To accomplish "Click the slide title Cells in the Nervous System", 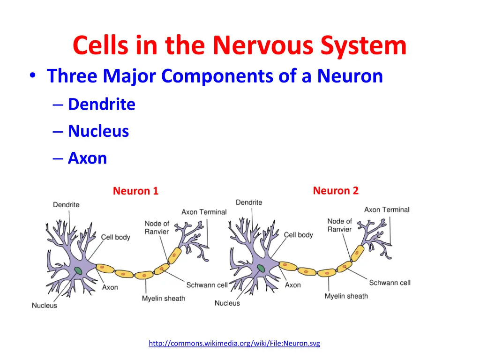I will (x=240, y=45).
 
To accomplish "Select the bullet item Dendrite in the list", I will (x=101, y=104).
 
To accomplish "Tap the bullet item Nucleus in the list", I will (x=98, y=131).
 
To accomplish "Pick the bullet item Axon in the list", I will (x=87, y=158).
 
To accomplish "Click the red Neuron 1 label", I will (x=135, y=191).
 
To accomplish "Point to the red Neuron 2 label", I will (x=336, y=190).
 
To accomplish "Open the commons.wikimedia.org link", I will (x=234, y=344).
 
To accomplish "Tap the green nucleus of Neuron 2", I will (x=261, y=268).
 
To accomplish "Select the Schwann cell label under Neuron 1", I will (x=207, y=285).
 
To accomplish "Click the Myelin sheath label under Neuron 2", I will (x=346, y=296).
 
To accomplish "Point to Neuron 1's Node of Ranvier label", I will (x=157, y=227).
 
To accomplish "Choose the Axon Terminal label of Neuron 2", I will (x=387, y=210).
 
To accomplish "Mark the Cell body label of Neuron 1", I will (x=115, y=237).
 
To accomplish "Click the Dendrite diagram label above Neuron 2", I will (x=249, y=202).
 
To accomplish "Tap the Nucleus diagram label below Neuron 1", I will (x=45, y=306).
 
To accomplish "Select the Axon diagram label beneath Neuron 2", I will (x=293, y=285).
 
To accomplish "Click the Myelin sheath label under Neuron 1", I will (x=164, y=299).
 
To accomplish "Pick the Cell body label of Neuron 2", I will (x=298, y=235).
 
